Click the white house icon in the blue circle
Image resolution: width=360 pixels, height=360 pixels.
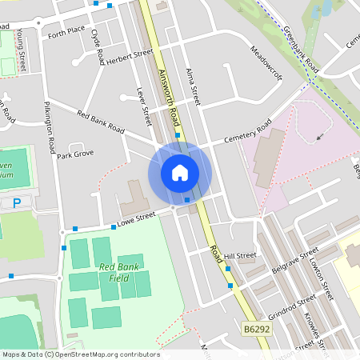(x=180, y=172)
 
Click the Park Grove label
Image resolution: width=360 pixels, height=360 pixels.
(x=75, y=154)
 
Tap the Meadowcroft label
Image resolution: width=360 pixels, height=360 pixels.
(x=266, y=62)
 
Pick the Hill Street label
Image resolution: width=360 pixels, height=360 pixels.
(x=239, y=256)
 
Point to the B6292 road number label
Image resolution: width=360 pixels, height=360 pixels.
(x=255, y=328)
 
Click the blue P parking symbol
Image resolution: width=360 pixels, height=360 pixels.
(x=17, y=203)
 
